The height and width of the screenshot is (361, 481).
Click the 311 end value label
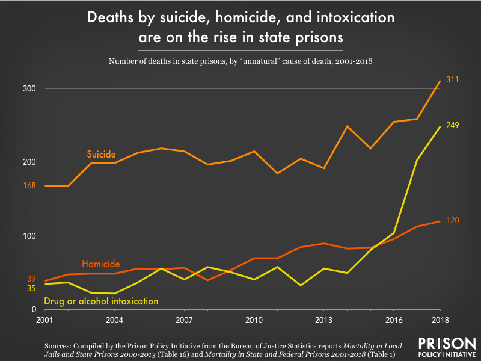(453, 79)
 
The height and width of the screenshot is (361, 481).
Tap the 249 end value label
(453, 125)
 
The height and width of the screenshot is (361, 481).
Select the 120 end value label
(453, 221)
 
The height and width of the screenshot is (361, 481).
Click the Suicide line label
(101, 155)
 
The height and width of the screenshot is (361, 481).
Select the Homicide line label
(101, 264)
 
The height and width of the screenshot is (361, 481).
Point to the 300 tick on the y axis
(31, 89)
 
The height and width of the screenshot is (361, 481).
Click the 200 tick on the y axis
(31, 162)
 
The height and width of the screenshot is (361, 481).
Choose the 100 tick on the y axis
(31, 236)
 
